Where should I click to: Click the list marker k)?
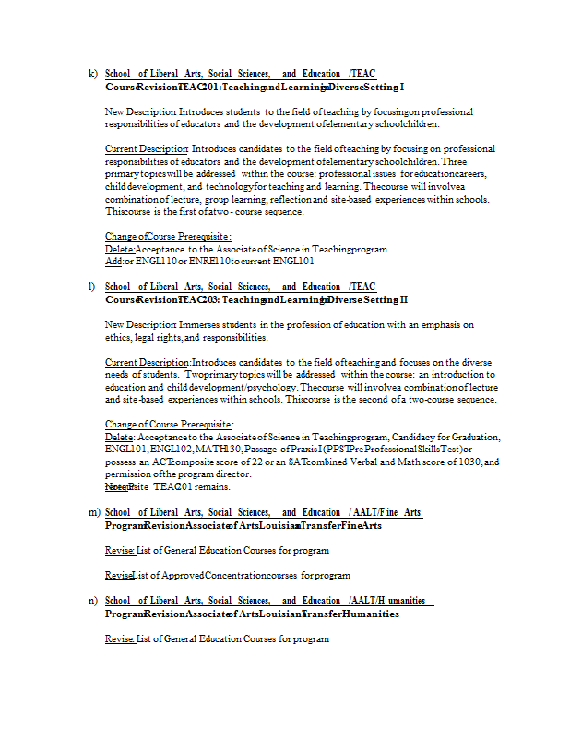[92, 74]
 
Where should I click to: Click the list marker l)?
[92, 287]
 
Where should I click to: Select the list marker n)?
[92, 601]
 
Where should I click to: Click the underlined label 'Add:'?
[113, 261]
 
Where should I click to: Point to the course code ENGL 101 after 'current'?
[280, 261]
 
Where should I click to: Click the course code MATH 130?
[220, 449]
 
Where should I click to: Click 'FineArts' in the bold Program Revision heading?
[357, 525]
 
